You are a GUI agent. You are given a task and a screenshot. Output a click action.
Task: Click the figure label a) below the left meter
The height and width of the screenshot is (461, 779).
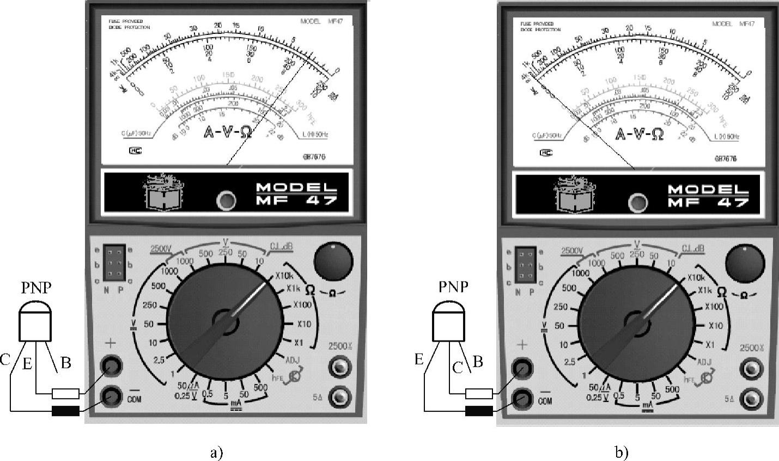[x=216, y=452]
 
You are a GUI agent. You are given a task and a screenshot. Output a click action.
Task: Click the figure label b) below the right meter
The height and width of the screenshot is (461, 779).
[x=622, y=452]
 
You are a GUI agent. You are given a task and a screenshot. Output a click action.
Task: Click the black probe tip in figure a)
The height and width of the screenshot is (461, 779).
[x=65, y=410]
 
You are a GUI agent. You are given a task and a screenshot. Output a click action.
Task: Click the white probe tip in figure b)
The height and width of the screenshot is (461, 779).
[x=479, y=393]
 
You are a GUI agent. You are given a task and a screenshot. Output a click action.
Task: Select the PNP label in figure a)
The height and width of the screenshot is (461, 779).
[x=35, y=288]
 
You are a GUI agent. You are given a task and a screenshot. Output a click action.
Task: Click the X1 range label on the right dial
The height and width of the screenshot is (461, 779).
[x=709, y=345]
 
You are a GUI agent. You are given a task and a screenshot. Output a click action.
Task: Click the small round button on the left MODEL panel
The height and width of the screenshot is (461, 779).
[x=226, y=201]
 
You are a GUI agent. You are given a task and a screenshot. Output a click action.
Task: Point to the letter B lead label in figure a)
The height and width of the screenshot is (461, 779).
[x=65, y=363]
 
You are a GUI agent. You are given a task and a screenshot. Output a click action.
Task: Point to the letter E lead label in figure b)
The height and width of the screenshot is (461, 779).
[x=419, y=358]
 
